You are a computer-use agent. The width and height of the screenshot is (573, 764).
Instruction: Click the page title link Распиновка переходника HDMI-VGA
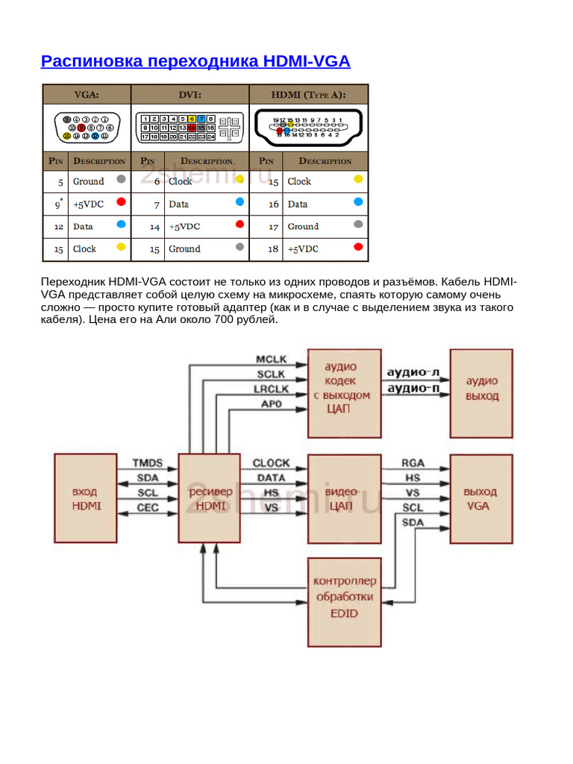[x=195, y=61]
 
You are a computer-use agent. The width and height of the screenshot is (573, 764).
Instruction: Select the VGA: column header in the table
[x=86, y=94]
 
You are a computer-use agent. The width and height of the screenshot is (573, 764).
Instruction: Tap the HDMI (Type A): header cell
[x=308, y=94]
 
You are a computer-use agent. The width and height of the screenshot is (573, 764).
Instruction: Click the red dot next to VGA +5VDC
[x=121, y=202]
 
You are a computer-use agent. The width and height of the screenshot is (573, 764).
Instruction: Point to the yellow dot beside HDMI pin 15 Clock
[x=358, y=179]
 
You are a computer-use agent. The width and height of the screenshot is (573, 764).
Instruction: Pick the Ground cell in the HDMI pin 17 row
[x=303, y=226]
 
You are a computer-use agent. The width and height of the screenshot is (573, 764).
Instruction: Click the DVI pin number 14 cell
[x=154, y=226]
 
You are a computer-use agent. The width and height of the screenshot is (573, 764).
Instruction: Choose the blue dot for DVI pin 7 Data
[x=239, y=202]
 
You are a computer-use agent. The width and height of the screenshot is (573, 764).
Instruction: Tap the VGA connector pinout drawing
[x=86, y=126]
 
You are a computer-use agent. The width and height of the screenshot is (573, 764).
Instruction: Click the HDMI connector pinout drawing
[x=308, y=128]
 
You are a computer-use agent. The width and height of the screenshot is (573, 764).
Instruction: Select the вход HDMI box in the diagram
[x=86, y=498]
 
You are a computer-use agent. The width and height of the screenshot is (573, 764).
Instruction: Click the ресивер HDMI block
[x=210, y=498]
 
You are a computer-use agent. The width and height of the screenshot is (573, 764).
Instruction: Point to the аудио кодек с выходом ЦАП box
[x=340, y=392]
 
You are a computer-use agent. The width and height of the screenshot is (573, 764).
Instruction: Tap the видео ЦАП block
[x=340, y=498]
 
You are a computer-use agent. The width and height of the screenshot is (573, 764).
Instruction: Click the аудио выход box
[x=481, y=392]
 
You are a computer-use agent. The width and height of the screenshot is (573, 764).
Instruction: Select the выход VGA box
[x=481, y=498]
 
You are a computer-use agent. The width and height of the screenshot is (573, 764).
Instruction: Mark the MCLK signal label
[x=272, y=359]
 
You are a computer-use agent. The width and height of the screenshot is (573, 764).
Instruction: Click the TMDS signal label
[x=147, y=463]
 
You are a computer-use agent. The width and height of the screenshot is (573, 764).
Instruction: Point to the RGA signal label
[x=413, y=463]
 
